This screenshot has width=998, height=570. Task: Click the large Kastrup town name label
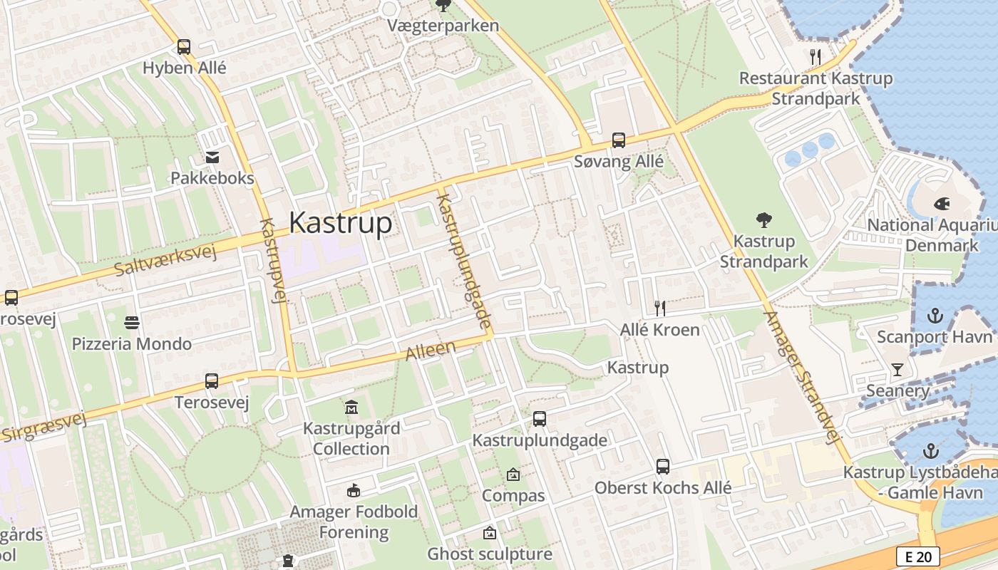click(x=340, y=223)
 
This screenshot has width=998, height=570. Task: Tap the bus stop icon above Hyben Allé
click(x=184, y=47)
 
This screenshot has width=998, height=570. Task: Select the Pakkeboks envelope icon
click(x=212, y=157)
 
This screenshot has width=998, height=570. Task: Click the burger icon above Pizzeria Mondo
click(x=132, y=323)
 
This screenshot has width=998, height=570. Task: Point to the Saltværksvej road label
click(x=165, y=259)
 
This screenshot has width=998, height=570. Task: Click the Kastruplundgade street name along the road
click(x=463, y=262)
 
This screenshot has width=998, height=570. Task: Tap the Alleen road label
click(x=431, y=350)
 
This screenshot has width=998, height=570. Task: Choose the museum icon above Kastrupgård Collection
click(x=351, y=408)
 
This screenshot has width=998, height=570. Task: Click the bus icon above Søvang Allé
click(x=619, y=140)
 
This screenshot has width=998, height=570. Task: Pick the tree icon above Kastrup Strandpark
click(x=764, y=219)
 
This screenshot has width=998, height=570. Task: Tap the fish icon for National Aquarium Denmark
click(x=942, y=204)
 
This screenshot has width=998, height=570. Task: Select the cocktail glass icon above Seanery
click(x=897, y=369)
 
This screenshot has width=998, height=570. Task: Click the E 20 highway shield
click(x=917, y=556)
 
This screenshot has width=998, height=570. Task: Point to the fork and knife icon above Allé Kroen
click(x=660, y=308)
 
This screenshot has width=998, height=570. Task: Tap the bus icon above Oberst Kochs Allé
click(x=663, y=467)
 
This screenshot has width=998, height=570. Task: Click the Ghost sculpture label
click(x=490, y=554)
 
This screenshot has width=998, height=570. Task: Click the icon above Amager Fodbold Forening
click(x=354, y=490)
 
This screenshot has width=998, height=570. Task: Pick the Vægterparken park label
click(x=443, y=26)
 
